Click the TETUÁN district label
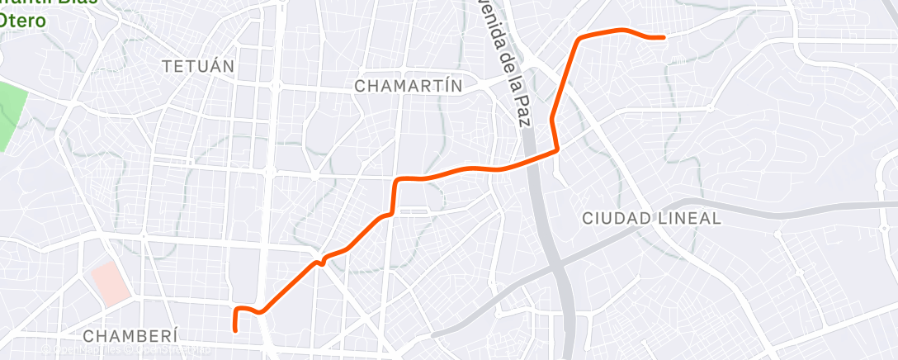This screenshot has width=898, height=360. click(199, 65)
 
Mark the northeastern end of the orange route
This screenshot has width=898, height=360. click(664, 37)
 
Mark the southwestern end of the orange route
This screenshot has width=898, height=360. click(236, 330)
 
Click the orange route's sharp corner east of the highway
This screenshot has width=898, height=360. click(558, 149)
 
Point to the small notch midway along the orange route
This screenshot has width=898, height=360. click(320, 261)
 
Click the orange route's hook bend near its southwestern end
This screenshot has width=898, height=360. click(239, 310)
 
